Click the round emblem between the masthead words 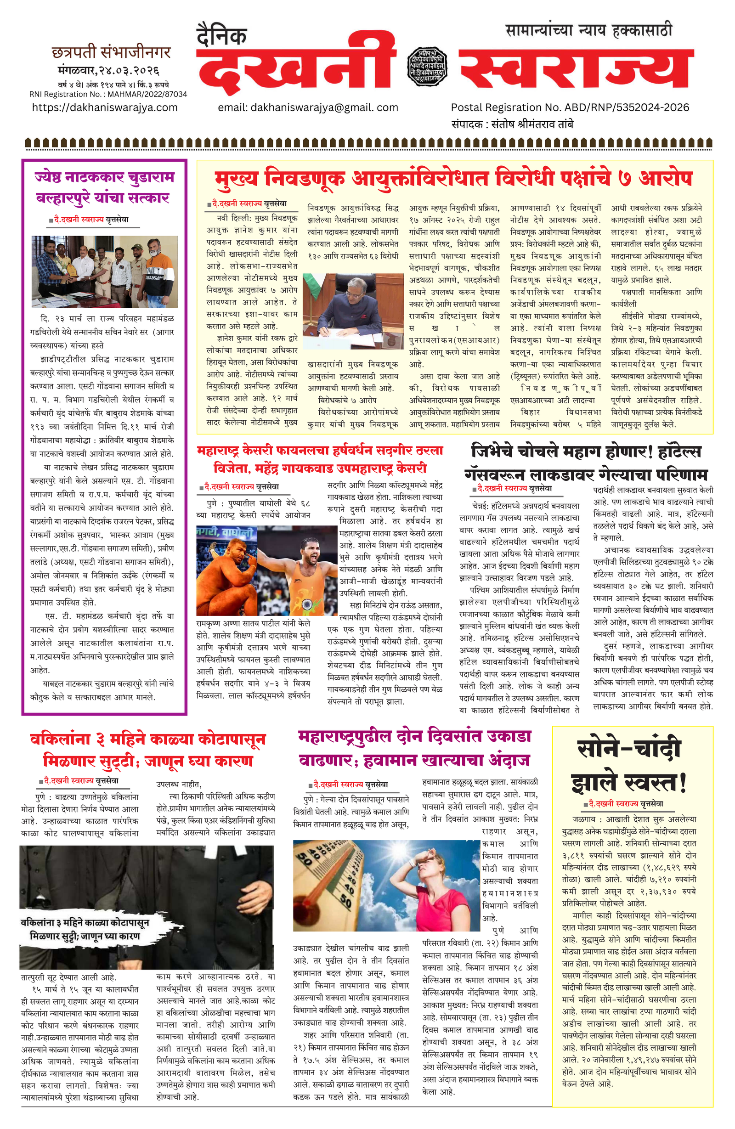427,67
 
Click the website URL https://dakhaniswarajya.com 104,107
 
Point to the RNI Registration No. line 108,94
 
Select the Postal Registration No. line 570,107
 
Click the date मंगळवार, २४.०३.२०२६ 108,71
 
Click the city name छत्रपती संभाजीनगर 111,52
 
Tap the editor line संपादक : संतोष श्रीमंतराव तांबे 512,124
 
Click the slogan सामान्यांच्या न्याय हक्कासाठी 588,31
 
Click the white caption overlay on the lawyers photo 85,929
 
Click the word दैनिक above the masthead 221,37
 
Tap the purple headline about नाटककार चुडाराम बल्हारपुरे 104,187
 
